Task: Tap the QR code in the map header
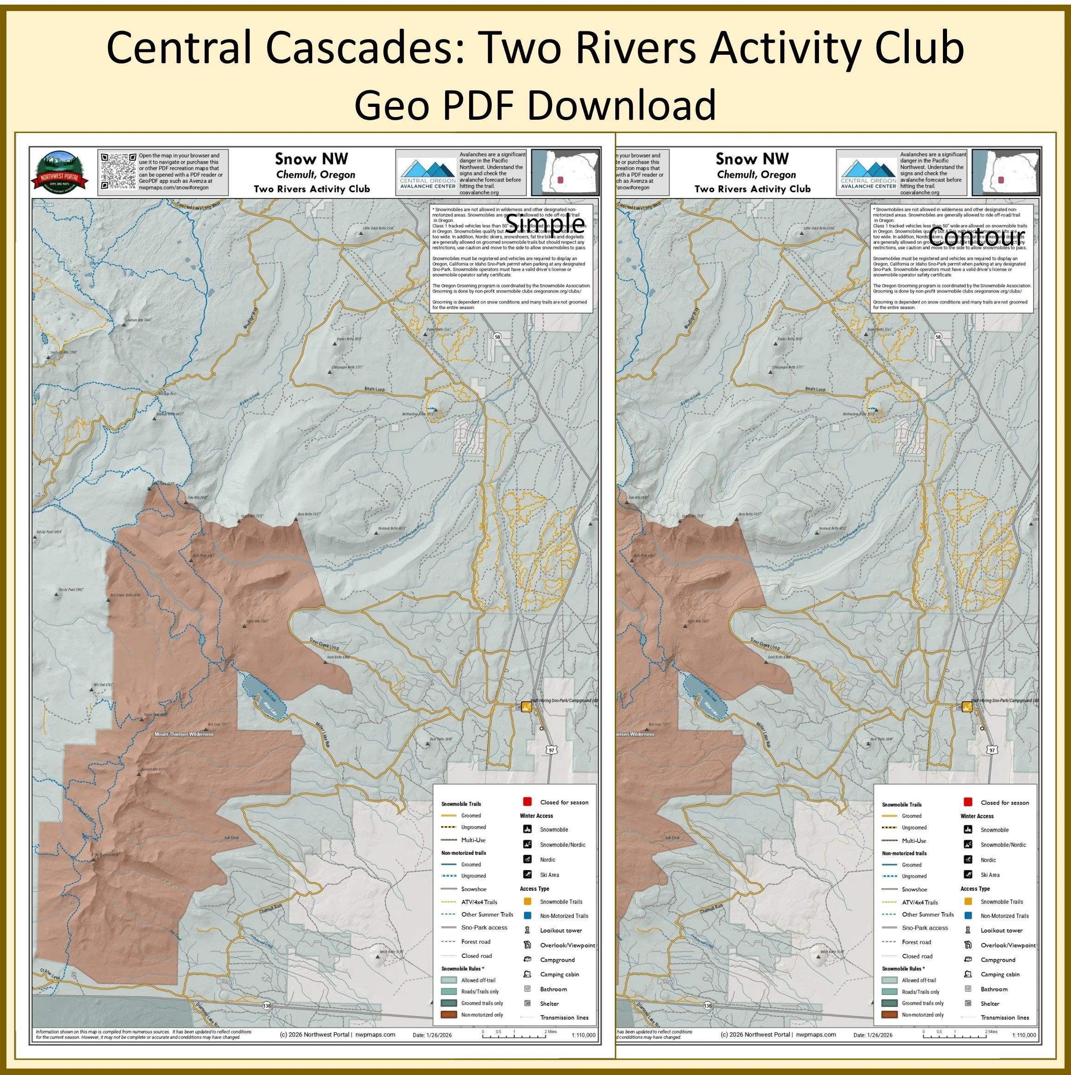118,171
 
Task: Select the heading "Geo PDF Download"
535,105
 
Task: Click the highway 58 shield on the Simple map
497,337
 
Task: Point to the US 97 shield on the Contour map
992,750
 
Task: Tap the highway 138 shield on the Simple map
267,1005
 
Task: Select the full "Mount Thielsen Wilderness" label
184,734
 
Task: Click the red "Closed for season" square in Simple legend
527,802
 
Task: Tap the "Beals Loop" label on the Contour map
816,389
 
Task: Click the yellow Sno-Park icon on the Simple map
526,707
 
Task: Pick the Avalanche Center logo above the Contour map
868,173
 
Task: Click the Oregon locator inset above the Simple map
565,172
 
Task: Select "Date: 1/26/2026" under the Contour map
873,1035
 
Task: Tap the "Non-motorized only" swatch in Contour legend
889,1014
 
